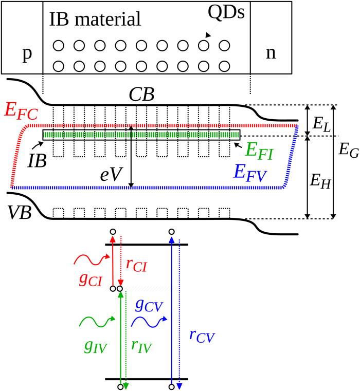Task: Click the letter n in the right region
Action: coord(271,54)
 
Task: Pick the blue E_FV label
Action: coord(249,172)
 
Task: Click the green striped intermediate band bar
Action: coord(141,135)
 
